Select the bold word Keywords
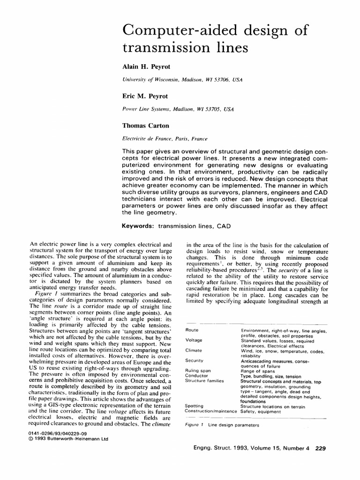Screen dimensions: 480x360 [x=138, y=226]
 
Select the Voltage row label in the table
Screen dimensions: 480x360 [x=194, y=340]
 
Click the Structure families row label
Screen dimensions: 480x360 [x=204, y=381]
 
